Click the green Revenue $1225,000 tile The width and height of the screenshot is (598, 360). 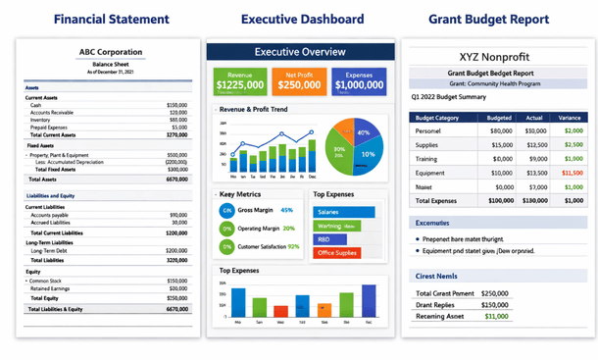[x=238, y=81]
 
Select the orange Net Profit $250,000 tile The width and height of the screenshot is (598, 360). [x=299, y=81]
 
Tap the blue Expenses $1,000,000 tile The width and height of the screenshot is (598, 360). [x=359, y=81]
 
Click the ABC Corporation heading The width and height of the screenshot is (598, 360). [x=110, y=52]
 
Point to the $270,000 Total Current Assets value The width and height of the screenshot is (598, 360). [x=176, y=133]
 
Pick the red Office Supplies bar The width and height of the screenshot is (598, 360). [x=337, y=253]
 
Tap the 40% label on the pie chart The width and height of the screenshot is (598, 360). [x=364, y=131]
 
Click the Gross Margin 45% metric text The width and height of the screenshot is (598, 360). [x=265, y=210]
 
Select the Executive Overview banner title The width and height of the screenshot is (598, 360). [x=300, y=52]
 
